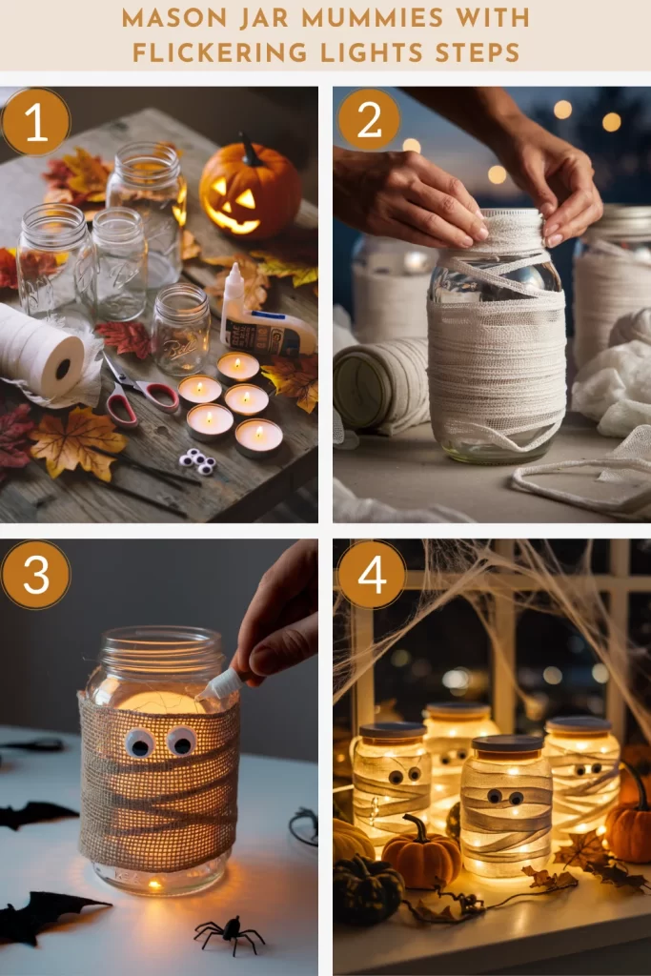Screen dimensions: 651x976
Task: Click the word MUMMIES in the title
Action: [372, 18]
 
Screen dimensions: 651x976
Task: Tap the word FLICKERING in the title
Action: [220, 52]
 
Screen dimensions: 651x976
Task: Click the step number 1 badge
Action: [35, 122]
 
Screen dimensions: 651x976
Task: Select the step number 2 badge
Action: [369, 119]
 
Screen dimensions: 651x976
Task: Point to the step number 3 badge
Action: [35, 575]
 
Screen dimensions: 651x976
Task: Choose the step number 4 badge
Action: [372, 575]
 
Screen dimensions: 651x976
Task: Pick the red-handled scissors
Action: [139, 392]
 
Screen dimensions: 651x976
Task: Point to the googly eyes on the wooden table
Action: [198, 461]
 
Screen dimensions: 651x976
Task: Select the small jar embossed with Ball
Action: [181, 330]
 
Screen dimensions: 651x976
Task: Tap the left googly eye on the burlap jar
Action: [140, 742]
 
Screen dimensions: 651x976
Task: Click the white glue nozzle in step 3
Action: [219, 685]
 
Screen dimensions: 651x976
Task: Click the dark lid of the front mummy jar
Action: [507, 743]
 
